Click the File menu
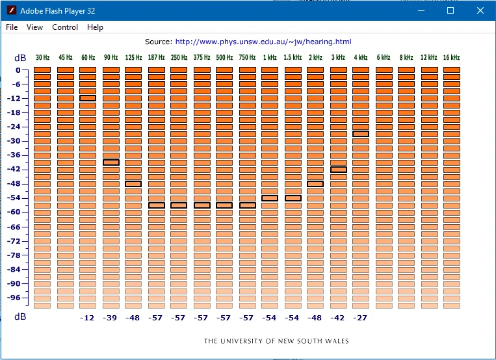click(12, 27)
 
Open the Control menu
click(65, 27)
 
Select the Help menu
click(95, 27)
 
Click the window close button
click(480, 10)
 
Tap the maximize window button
click(450, 10)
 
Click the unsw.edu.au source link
click(263, 42)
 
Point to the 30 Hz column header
click(42, 57)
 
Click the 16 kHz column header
click(451, 57)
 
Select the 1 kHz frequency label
click(270, 57)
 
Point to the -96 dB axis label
click(14, 298)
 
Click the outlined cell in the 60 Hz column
click(88, 98)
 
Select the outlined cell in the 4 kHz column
click(361, 134)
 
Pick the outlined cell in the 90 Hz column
click(111, 162)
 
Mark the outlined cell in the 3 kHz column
click(339, 170)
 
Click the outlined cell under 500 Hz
click(224, 205)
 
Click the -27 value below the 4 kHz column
click(360, 318)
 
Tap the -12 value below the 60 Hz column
click(87, 318)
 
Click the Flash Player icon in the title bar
click(12, 10)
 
